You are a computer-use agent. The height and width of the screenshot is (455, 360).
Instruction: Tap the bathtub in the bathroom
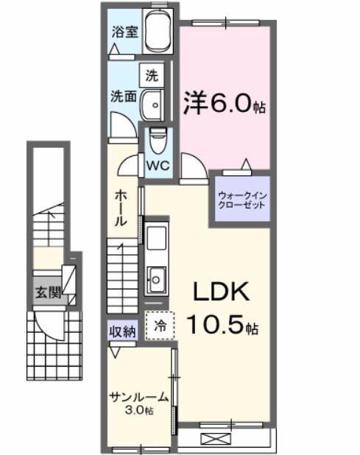tap(158, 33)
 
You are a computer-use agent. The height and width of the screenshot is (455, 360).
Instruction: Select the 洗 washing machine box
tap(151, 74)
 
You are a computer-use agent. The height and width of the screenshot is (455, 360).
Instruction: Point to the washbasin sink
tap(153, 105)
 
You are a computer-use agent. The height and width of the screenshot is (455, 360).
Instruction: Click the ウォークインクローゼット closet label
tap(240, 200)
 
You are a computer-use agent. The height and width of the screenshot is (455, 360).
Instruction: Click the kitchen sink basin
tap(156, 278)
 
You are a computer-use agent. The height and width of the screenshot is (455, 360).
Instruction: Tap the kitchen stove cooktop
tap(156, 240)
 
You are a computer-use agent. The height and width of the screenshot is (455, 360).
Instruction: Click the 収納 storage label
tap(123, 331)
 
